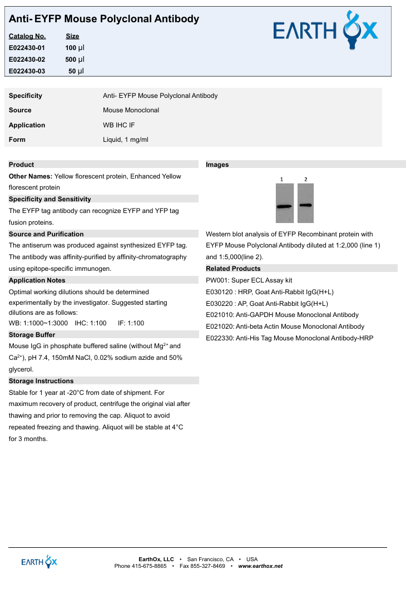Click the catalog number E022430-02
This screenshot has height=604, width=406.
pos(27,60)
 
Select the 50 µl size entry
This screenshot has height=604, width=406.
pos(76,71)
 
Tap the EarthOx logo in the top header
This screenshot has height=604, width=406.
pos(325,31)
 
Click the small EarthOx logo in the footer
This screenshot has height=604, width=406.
pos(39,562)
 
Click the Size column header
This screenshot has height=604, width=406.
pos(72,36)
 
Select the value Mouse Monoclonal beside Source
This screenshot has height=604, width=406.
pos(131,110)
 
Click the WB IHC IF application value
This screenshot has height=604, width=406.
pos(118,125)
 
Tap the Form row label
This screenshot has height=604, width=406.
pos(17,140)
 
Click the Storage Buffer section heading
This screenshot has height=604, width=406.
pos(32,335)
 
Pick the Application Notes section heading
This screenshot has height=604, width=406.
pos(37,280)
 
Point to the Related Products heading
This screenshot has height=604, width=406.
pos(233,269)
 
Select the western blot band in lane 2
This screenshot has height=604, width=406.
pos(305,205)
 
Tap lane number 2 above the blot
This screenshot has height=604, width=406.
pos(305,179)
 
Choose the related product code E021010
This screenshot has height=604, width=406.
pos(219,315)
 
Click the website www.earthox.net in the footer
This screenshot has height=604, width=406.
pos(260,566)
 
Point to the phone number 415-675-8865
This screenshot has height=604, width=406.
pos(149,566)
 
